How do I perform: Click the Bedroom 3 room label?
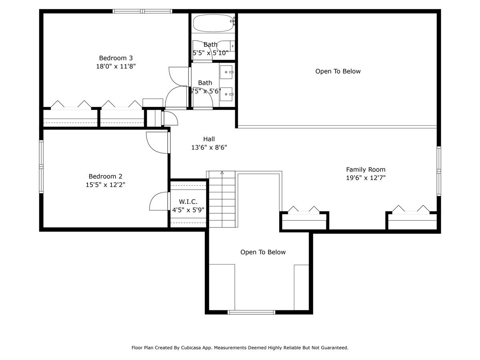pos(116,58)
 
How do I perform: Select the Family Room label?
pos(366,170)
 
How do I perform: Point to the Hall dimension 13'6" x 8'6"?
pos(209,147)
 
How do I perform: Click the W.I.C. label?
pos(188,202)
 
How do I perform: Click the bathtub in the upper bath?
pos(213,23)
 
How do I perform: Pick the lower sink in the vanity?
pos(227,94)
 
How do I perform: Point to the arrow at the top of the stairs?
pos(222,173)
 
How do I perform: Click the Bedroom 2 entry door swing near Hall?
pos(158,142)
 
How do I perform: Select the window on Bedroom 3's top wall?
pos(142,11)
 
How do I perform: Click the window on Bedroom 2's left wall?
pos(41,166)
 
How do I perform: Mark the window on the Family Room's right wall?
pos(439,171)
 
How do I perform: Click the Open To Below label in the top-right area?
pos(338,71)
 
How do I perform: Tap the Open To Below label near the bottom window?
pos(263,252)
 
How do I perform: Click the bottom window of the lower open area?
pos(252,312)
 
